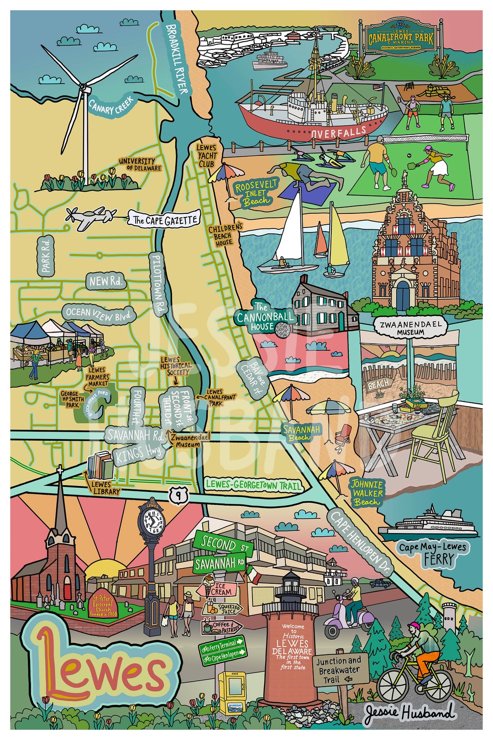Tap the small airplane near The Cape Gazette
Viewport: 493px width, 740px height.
[x=89, y=218]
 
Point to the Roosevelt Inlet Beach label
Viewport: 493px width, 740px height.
[x=257, y=192]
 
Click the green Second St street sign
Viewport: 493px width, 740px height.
[x=222, y=544]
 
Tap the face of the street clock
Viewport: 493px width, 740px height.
[x=153, y=521]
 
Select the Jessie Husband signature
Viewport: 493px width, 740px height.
[x=409, y=713]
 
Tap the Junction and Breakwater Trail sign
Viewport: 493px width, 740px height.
[x=339, y=670]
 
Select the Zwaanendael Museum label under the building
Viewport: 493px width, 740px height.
[x=409, y=328]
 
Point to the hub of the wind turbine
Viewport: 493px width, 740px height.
[x=83, y=86]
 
